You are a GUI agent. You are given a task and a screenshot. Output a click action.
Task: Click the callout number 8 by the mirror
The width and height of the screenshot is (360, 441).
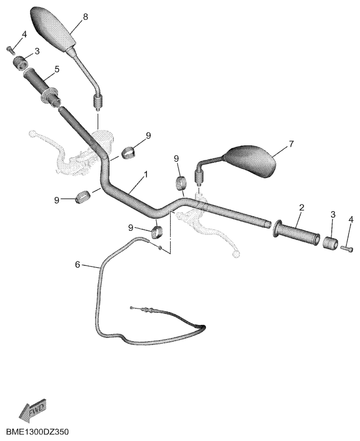[85, 17]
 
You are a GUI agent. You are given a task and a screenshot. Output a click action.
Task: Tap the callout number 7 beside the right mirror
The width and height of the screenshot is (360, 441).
[291, 144]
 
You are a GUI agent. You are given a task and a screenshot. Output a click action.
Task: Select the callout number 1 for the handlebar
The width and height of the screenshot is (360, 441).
[145, 174]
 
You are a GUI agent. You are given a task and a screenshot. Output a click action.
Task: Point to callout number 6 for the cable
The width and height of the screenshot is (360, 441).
[78, 264]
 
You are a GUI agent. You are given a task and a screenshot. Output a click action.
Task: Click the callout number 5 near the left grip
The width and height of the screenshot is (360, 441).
[57, 69]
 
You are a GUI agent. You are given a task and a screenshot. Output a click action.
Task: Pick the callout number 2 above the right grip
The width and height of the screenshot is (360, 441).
[302, 208]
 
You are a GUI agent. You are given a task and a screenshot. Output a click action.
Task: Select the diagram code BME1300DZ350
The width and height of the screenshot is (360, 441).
[38, 431]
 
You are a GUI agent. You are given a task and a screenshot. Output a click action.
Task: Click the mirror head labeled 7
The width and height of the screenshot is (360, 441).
[251, 161]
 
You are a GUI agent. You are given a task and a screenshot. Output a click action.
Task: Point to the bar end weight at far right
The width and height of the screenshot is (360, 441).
[331, 243]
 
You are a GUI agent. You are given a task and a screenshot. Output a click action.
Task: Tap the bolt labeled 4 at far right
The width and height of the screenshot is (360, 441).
[347, 248]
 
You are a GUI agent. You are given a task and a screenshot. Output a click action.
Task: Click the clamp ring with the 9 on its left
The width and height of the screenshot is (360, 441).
[82, 196]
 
